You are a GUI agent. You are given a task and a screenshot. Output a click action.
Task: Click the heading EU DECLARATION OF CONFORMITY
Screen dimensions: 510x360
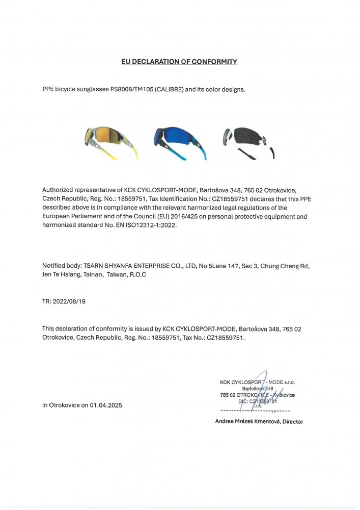[179, 62]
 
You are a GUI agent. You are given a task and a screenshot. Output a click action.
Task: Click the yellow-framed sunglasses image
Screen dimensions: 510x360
[111, 142]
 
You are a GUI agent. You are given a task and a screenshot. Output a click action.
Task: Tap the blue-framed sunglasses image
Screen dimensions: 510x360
[179, 143]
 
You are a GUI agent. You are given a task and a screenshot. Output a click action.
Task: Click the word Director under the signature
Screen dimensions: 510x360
[292, 422]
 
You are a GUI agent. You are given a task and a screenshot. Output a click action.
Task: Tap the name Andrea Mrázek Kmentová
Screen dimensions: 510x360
[247, 422]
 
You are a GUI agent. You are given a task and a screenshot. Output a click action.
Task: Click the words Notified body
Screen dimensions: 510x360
[60, 266]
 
